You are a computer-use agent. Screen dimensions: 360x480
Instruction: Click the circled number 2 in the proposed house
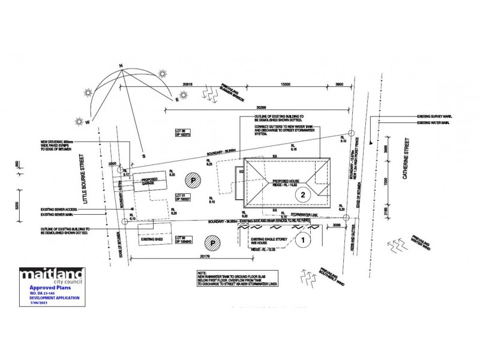point(304,194)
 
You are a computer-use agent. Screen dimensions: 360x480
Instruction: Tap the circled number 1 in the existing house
point(304,240)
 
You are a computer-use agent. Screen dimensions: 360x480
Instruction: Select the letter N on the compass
point(121,66)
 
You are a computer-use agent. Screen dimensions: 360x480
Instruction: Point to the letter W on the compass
point(88,122)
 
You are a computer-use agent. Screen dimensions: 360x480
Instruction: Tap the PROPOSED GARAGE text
point(149,181)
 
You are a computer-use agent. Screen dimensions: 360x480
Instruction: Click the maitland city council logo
point(53,276)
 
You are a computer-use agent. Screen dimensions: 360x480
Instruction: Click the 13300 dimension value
point(285,85)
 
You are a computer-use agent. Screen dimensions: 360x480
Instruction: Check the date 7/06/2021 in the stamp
point(34,304)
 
